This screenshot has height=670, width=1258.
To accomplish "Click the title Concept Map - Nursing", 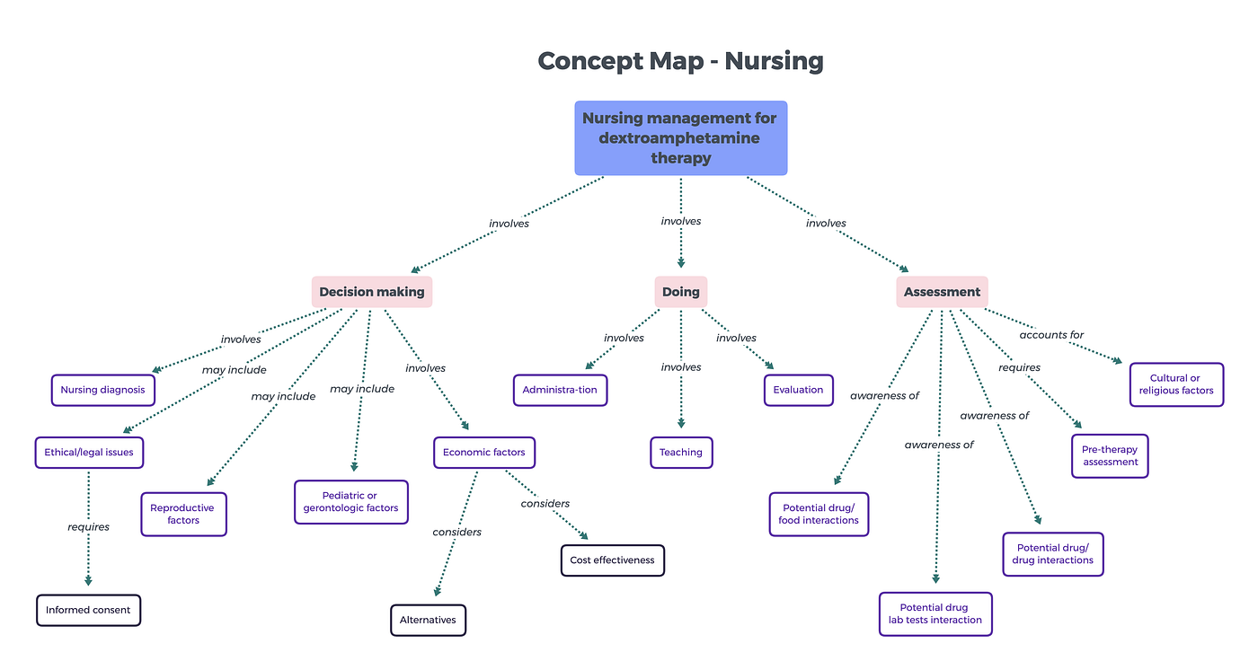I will tap(680, 61).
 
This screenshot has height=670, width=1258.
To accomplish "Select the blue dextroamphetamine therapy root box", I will tap(680, 137).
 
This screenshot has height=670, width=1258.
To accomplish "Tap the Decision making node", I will tap(371, 292).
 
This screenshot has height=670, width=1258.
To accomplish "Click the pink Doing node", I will tap(680, 292).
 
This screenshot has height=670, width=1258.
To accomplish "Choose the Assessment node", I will tap(942, 292).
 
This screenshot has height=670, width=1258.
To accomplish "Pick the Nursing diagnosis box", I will tap(102, 390).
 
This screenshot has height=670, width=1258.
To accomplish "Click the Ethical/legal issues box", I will tap(88, 453).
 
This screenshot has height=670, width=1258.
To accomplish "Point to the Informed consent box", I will tap(88, 610).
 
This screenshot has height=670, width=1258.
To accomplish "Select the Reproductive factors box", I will tap(182, 514).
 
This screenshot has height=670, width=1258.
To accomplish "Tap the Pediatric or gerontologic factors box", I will tap(350, 501).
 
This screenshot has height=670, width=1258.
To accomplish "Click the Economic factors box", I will tap(483, 453).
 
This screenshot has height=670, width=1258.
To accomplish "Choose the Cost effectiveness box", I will tap(612, 560).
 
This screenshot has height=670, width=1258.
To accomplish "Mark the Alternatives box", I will tap(428, 620).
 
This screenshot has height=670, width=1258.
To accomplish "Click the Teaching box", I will tap(680, 453).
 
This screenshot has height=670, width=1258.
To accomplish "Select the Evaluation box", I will tap(798, 390).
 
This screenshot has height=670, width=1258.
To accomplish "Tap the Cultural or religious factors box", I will tap(1175, 384).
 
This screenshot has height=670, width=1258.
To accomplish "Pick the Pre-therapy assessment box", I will tap(1110, 455).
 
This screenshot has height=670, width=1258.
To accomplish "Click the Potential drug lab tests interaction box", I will tap(935, 613).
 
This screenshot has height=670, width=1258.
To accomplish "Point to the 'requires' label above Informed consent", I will tap(88, 527).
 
